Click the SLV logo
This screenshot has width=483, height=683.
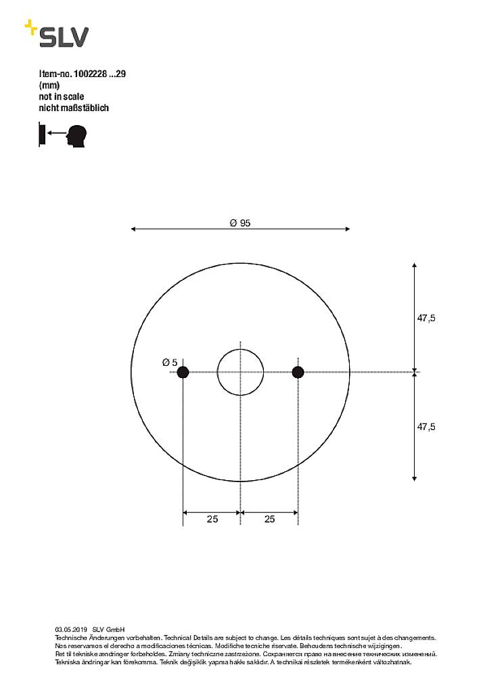pyautogui.click(x=57, y=35)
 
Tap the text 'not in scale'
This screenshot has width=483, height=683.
pyautogui.click(x=62, y=97)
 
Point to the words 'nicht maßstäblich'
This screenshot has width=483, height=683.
pyautogui.click(x=74, y=108)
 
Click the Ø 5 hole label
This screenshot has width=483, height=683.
pyautogui.click(x=170, y=362)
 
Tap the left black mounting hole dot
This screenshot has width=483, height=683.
pyautogui.click(x=183, y=372)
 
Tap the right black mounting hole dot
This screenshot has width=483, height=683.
pyautogui.click(x=298, y=372)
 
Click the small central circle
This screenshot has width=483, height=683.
pyautogui.click(x=240, y=372)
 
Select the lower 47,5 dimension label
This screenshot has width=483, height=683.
pyautogui.click(x=425, y=426)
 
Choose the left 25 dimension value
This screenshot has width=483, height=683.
pyautogui.click(x=212, y=519)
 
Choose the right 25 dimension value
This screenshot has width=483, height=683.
pyautogui.click(x=269, y=519)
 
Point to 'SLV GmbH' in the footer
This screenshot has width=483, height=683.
pyautogui.click(x=108, y=630)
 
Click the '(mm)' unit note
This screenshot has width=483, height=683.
pyautogui.click(x=49, y=86)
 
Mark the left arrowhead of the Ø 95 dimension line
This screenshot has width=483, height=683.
pyautogui.click(x=133, y=230)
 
